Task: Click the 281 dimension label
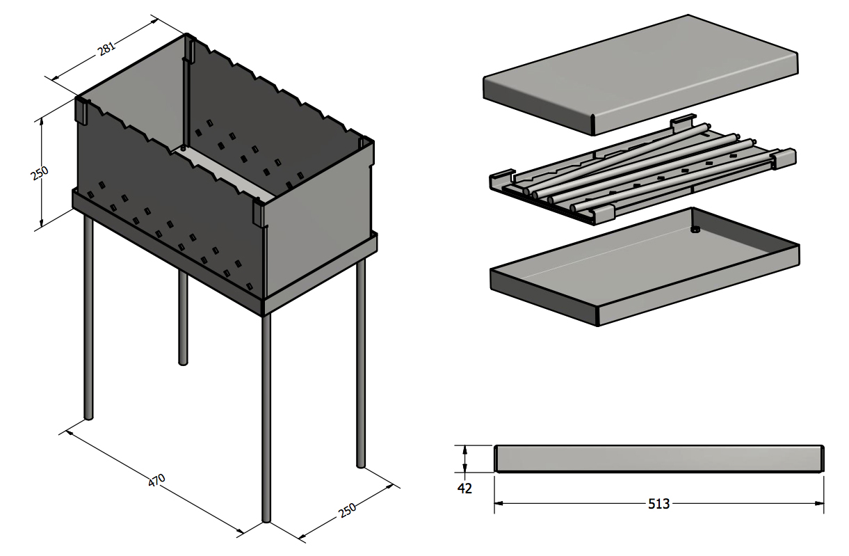106,48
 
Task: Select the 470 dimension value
157,480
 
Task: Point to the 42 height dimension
464,489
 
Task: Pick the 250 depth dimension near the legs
347,509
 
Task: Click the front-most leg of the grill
266,418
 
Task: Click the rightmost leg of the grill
360,362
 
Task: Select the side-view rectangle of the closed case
658,459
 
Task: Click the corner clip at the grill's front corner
259,212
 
